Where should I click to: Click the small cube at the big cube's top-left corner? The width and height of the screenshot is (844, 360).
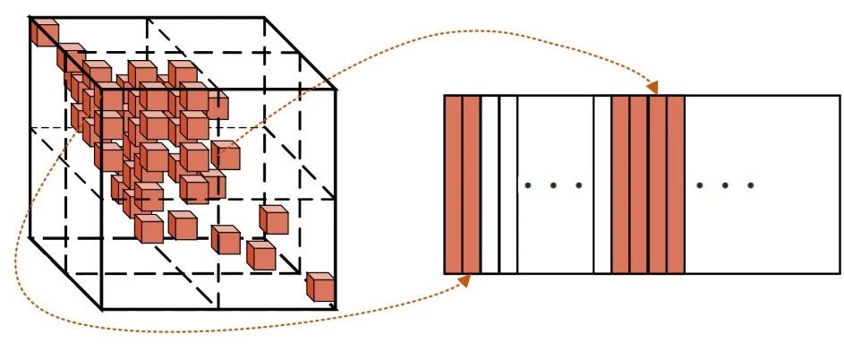coord(44,32)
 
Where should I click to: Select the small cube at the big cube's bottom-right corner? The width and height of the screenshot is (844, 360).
coord(320,287)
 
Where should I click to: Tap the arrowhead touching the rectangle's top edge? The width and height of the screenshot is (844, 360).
coord(652,88)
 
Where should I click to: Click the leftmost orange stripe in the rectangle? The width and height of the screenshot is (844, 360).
coord(453,184)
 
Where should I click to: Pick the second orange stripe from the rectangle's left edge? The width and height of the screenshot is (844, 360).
coord(472,184)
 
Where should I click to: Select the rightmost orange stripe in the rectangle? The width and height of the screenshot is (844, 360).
coord(676,184)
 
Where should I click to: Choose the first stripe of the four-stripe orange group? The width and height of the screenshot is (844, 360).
coord(620,184)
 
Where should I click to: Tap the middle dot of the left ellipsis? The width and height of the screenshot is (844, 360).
coord(553,185)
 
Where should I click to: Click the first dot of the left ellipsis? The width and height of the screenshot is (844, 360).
coord(528,185)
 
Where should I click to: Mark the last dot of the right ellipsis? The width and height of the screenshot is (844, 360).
coord(750,185)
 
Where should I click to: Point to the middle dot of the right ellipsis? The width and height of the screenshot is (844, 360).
coord(725,185)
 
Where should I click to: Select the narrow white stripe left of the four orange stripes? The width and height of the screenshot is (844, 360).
coord(602,184)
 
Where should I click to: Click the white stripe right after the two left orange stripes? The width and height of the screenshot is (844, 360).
coord(490,184)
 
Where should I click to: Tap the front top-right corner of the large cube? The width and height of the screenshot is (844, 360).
coord(335,89)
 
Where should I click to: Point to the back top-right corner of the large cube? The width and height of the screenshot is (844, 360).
coord(265,17)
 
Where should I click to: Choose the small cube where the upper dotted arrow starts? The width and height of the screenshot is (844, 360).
coord(226,157)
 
